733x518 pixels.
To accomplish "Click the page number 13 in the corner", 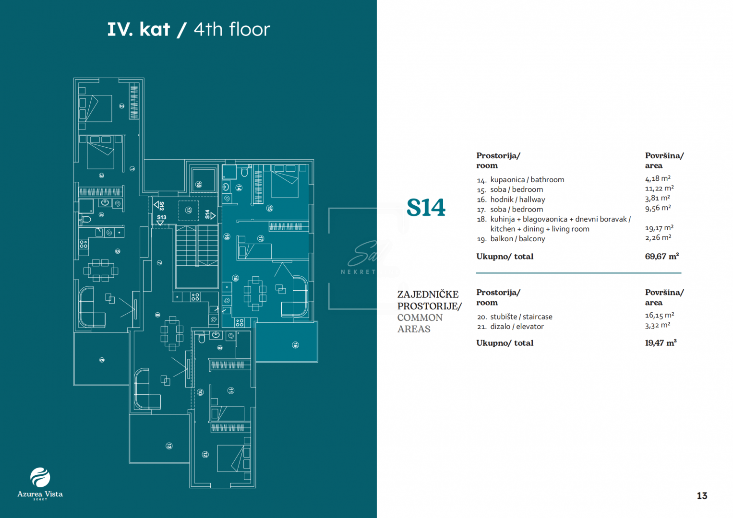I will coord(702,496).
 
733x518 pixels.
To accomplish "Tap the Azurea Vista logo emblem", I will coord(40,477).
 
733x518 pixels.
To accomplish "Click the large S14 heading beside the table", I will coord(426,208).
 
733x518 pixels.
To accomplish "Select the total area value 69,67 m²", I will coord(661,257).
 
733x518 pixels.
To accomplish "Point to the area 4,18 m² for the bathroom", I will coord(658,179).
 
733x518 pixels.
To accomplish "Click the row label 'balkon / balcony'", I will coord(517,239).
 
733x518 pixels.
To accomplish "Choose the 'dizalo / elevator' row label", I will coord(517,327).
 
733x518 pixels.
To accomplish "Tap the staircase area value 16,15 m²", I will coord(659,316).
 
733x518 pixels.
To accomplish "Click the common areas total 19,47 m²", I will coord(661,343).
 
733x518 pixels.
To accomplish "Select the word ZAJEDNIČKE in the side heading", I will coord(428,294).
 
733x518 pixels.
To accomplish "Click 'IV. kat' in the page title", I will coord(139,30).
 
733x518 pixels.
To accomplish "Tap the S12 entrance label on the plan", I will coord(161,206).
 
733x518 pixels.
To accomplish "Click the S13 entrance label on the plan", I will coord(161,217).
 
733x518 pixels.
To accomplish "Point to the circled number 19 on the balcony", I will coord(296,345).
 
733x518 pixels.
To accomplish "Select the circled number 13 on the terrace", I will coord(169,446).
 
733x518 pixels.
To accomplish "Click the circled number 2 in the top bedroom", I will coord(122,106).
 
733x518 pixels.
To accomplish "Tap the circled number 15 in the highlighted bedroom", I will coord(269,208).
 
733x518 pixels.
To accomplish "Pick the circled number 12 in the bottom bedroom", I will coord(205,454).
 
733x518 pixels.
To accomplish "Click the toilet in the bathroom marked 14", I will coord(244,173).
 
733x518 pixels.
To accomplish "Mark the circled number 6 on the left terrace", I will coord(102,360).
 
